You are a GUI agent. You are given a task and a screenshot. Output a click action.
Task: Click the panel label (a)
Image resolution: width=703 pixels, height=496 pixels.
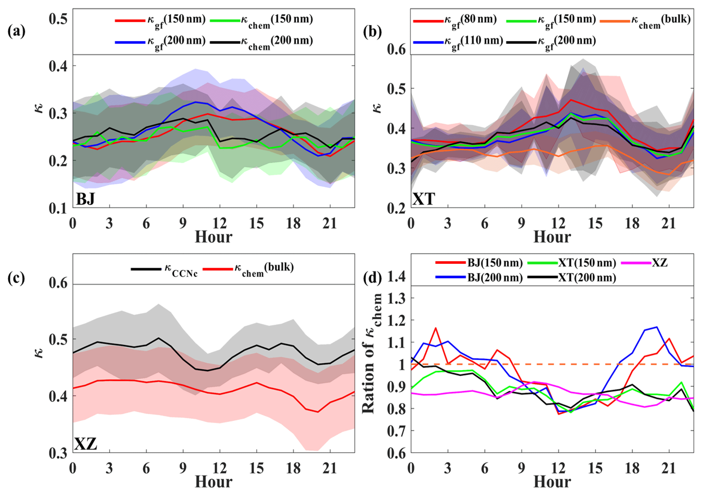coord(16,32)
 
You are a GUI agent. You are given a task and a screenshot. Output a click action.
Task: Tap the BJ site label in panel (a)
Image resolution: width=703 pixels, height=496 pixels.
coord(85,199)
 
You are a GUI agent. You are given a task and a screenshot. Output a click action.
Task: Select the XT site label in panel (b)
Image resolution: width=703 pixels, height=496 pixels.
coord(424,199)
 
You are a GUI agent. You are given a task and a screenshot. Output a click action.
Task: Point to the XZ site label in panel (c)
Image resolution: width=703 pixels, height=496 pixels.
coord(86,444)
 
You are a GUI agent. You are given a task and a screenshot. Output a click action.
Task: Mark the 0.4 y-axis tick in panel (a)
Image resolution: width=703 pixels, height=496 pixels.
coord(58,66)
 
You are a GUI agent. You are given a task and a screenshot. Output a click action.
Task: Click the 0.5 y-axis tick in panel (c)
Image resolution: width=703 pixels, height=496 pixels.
coord(58,340)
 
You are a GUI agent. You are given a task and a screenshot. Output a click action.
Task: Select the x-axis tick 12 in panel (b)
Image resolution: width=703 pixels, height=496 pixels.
coord(558,223)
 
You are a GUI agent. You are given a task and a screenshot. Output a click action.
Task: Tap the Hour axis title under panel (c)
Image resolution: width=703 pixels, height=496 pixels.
coord(213,482)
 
